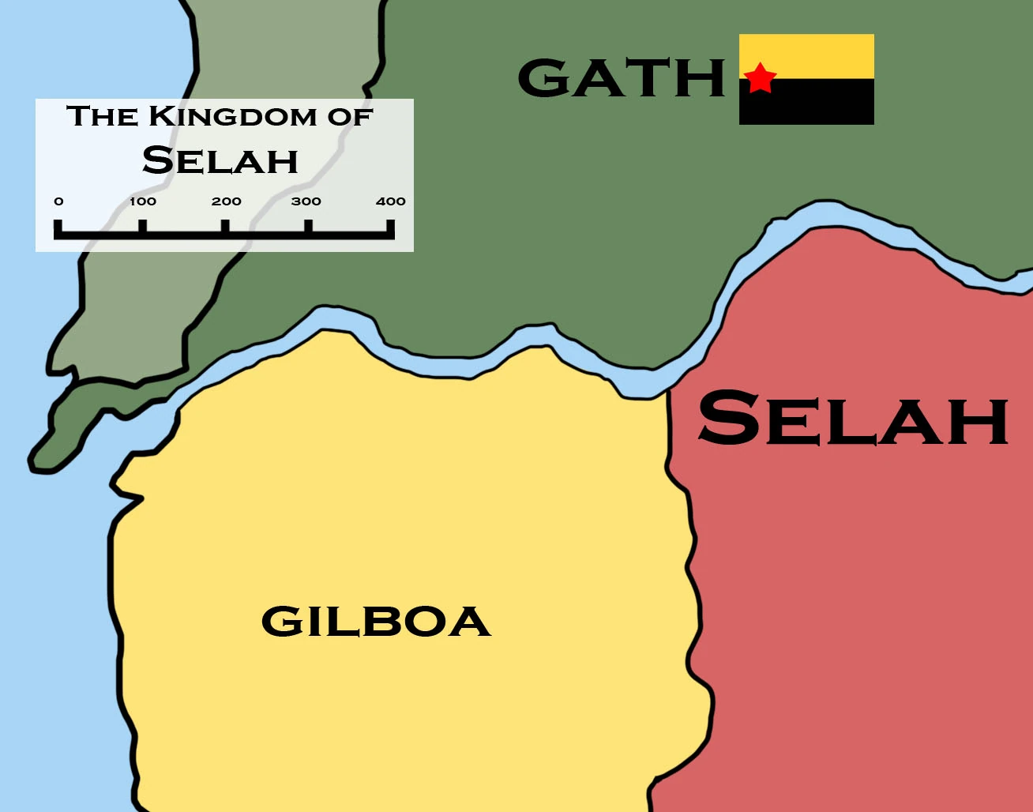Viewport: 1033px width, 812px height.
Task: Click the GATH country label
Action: (622, 77)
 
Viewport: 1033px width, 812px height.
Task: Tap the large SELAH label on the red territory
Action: (853, 419)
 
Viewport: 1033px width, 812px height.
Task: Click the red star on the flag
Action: (760, 77)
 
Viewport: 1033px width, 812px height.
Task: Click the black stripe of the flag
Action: (821, 103)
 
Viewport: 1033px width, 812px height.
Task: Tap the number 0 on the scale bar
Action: (58, 201)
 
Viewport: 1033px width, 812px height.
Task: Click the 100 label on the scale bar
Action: (143, 201)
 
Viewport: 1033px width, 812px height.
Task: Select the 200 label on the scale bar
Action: (227, 201)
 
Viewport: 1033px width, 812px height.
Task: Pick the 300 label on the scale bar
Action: (306, 201)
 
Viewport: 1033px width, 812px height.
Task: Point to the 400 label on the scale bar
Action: (391, 201)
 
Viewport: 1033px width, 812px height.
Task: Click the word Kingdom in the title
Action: (235, 117)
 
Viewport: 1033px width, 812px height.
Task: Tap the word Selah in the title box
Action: (220, 160)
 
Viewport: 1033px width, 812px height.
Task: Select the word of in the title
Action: (354, 117)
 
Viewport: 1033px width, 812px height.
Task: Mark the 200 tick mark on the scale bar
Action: (226, 227)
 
